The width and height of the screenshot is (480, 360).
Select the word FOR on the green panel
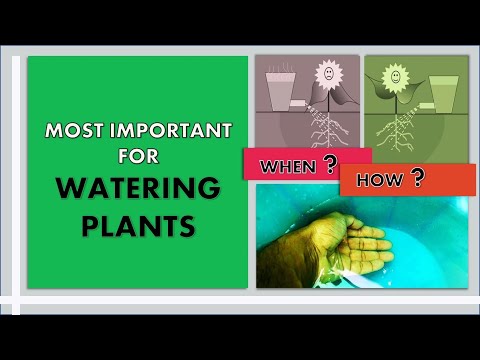tap(138, 156)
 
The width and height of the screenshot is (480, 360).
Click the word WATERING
tap(138, 188)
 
